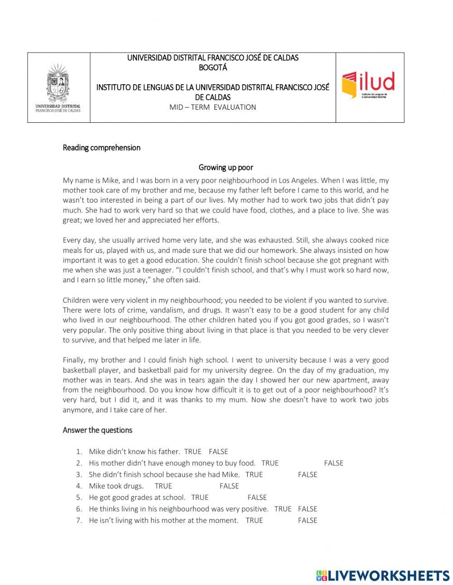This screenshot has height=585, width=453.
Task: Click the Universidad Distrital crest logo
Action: tap(58, 88)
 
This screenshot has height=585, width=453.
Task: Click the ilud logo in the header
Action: tap(368, 85)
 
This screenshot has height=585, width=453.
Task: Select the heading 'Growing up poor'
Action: tap(226, 167)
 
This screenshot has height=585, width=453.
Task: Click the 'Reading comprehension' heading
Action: tap(101, 148)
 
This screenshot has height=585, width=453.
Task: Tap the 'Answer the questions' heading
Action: tap(97, 430)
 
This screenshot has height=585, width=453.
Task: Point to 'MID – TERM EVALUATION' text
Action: tap(212, 107)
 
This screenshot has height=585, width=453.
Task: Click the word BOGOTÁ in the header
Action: tap(212, 68)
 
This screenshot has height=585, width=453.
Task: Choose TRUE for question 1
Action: tap(193, 451)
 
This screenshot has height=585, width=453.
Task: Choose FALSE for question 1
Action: tap(218, 451)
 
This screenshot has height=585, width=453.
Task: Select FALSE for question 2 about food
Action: tap(333, 463)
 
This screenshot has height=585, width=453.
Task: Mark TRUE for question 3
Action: tap(254, 474)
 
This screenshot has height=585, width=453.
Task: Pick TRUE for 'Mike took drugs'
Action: tap(163, 486)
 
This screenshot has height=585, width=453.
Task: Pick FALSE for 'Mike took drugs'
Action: tap(229, 486)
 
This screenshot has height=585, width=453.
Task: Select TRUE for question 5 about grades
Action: tap(200, 497)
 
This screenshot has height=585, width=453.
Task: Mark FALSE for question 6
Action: tap(308, 509)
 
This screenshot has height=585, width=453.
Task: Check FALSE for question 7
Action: tap(308, 520)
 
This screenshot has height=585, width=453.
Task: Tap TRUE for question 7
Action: tap(254, 520)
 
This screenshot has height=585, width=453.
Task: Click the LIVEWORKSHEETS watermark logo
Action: tap(383, 575)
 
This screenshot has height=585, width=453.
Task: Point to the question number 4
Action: tap(79, 486)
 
